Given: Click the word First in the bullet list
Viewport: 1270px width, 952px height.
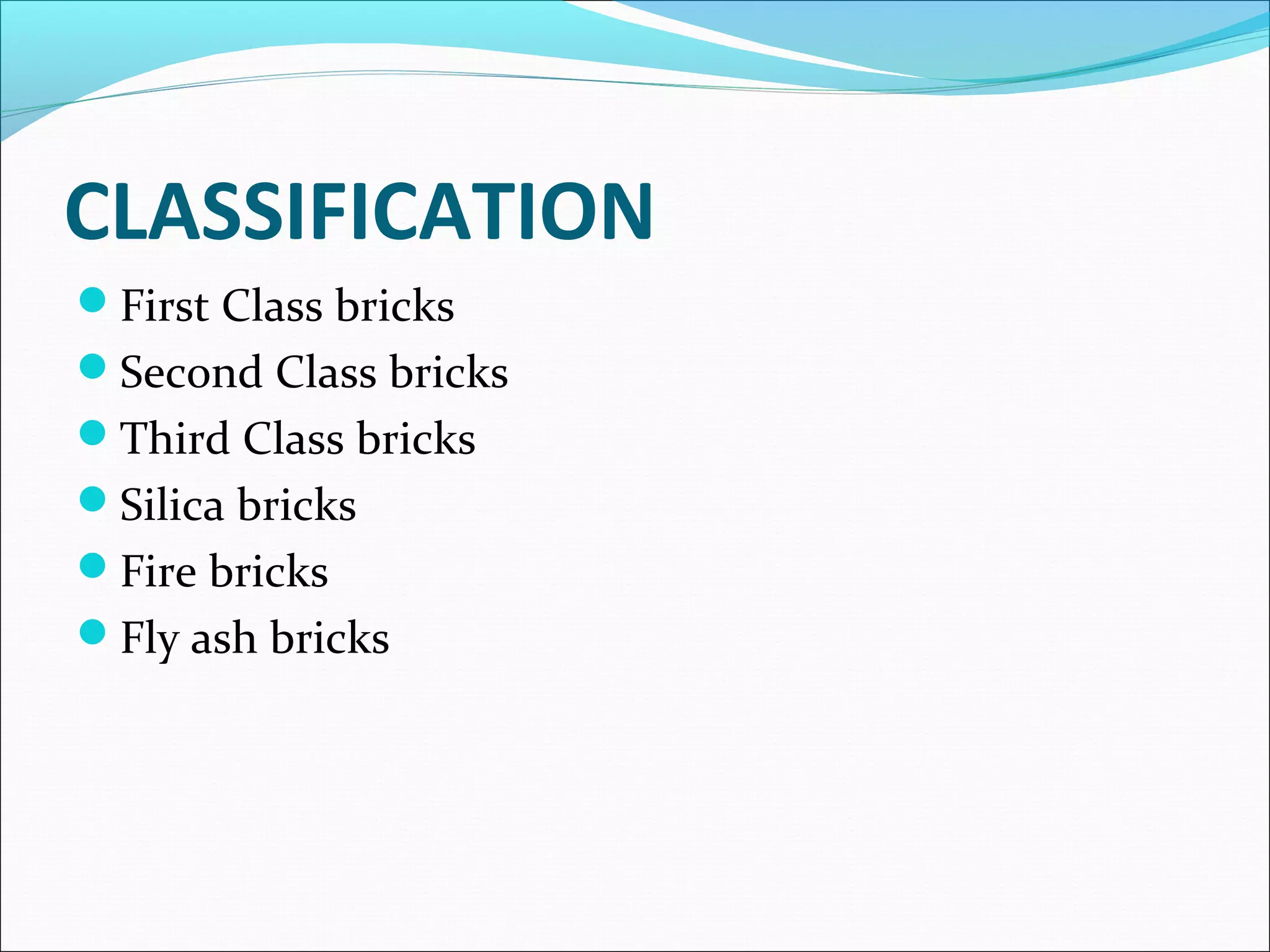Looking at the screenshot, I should (164, 306).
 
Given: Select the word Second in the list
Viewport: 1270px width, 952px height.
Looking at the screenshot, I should (191, 372).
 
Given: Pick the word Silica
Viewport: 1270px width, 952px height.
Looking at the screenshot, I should (171, 505).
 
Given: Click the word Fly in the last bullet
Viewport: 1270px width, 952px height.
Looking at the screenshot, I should (149, 638).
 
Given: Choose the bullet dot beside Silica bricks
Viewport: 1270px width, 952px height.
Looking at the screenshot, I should (93, 499).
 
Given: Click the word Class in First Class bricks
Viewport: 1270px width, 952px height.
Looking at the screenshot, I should (272, 306).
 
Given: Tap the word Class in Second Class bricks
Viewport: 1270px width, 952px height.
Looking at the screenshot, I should (326, 372).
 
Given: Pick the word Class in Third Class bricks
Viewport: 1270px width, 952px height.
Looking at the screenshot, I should (293, 439).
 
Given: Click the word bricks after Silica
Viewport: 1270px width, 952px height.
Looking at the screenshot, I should (297, 505).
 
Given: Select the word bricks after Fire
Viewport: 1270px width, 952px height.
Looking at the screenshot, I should (269, 571).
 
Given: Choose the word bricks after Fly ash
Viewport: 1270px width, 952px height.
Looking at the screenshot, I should (330, 638).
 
